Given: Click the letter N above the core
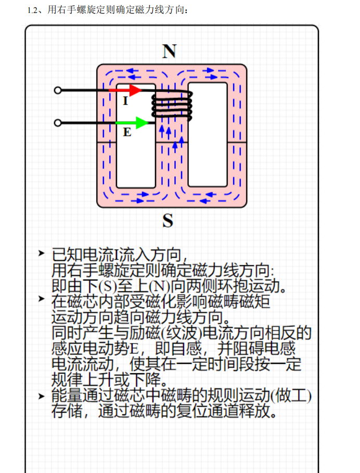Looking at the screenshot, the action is tap(169, 51).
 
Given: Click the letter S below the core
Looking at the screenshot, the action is tap(168, 220).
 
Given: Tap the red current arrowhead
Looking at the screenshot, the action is tap(136, 90).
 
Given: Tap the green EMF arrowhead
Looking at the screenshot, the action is tap(142, 123).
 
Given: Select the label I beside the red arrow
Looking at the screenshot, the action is tap(126, 101).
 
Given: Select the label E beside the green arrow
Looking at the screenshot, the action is tap(127, 132).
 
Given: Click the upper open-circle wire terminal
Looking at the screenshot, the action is tap(58, 90).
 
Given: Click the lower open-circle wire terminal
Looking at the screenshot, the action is tap(58, 123).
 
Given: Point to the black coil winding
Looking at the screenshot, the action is tap(172, 106).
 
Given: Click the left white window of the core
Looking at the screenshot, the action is tap(136, 136).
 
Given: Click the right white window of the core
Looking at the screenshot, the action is tap(208, 135).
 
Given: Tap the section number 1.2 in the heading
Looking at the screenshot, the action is tap(32, 10).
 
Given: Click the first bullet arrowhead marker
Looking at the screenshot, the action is tap(42, 253).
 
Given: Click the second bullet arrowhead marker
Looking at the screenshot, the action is tap(42, 299).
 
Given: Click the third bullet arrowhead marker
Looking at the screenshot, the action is tap(42, 396).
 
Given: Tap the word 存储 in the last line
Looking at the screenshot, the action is tap(67, 411).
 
